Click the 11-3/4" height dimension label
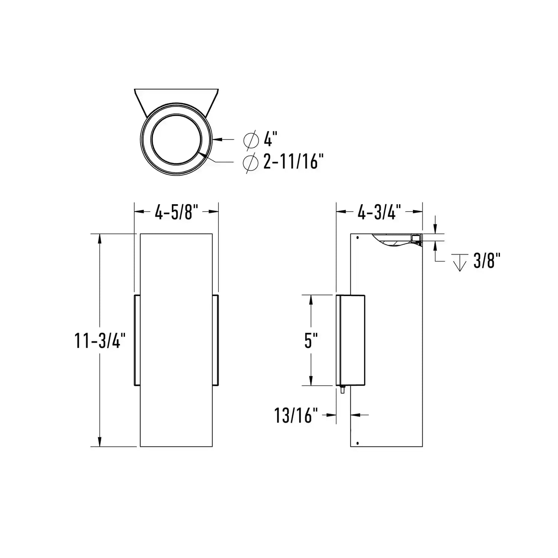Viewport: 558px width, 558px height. (x=98, y=340)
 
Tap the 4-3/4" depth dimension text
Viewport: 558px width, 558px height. (x=379, y=212)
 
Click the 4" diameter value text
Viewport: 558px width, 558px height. (x=271, y=140)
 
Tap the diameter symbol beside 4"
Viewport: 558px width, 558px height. (x=251, y=140)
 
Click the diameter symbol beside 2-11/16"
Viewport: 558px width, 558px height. (x=250, y=163)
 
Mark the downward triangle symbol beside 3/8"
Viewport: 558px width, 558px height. (x=460, y=262)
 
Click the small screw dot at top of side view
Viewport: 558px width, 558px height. (x=357, y=237)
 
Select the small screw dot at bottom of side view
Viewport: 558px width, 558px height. (x=357, y=443)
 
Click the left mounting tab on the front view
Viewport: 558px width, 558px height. (x=137, y=340)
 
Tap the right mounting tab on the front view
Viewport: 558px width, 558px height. (x=215, y=340)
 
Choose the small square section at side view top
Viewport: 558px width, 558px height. (x=416, y=238)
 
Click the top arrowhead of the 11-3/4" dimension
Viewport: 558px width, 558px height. (x=100, y=238)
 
